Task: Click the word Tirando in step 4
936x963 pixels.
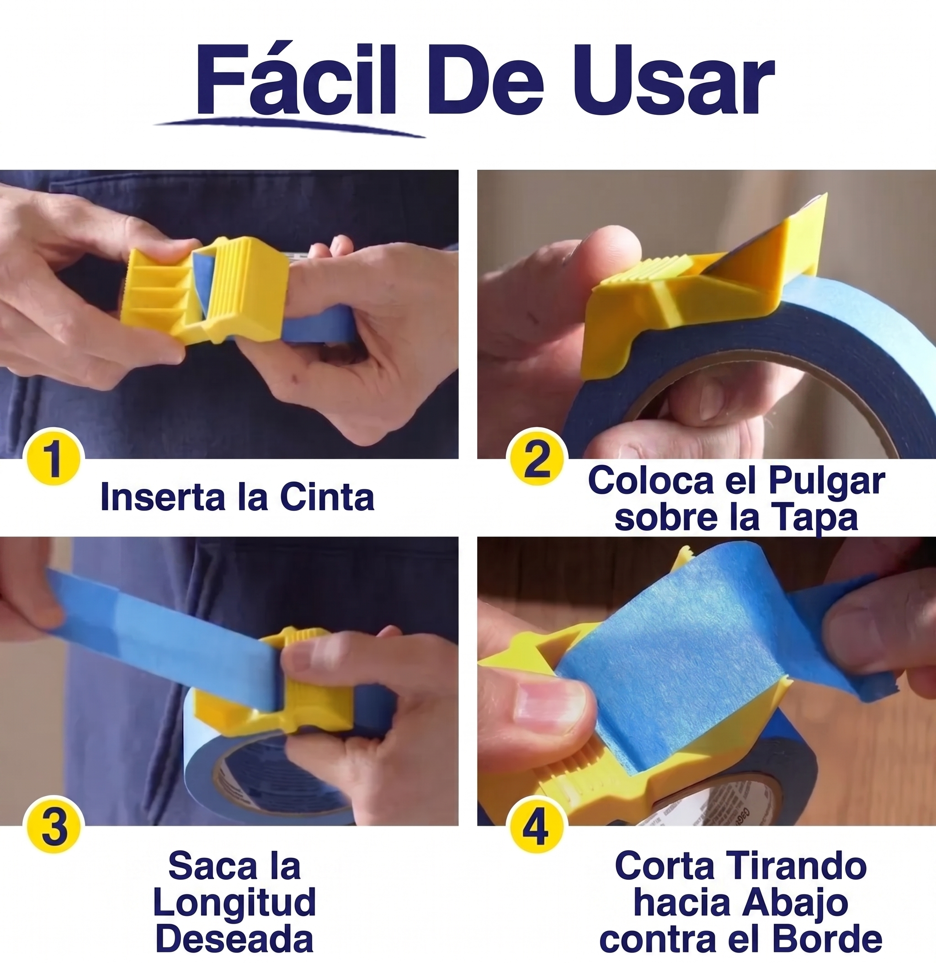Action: (794, 866)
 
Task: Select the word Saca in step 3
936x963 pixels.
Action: (206, 866)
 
